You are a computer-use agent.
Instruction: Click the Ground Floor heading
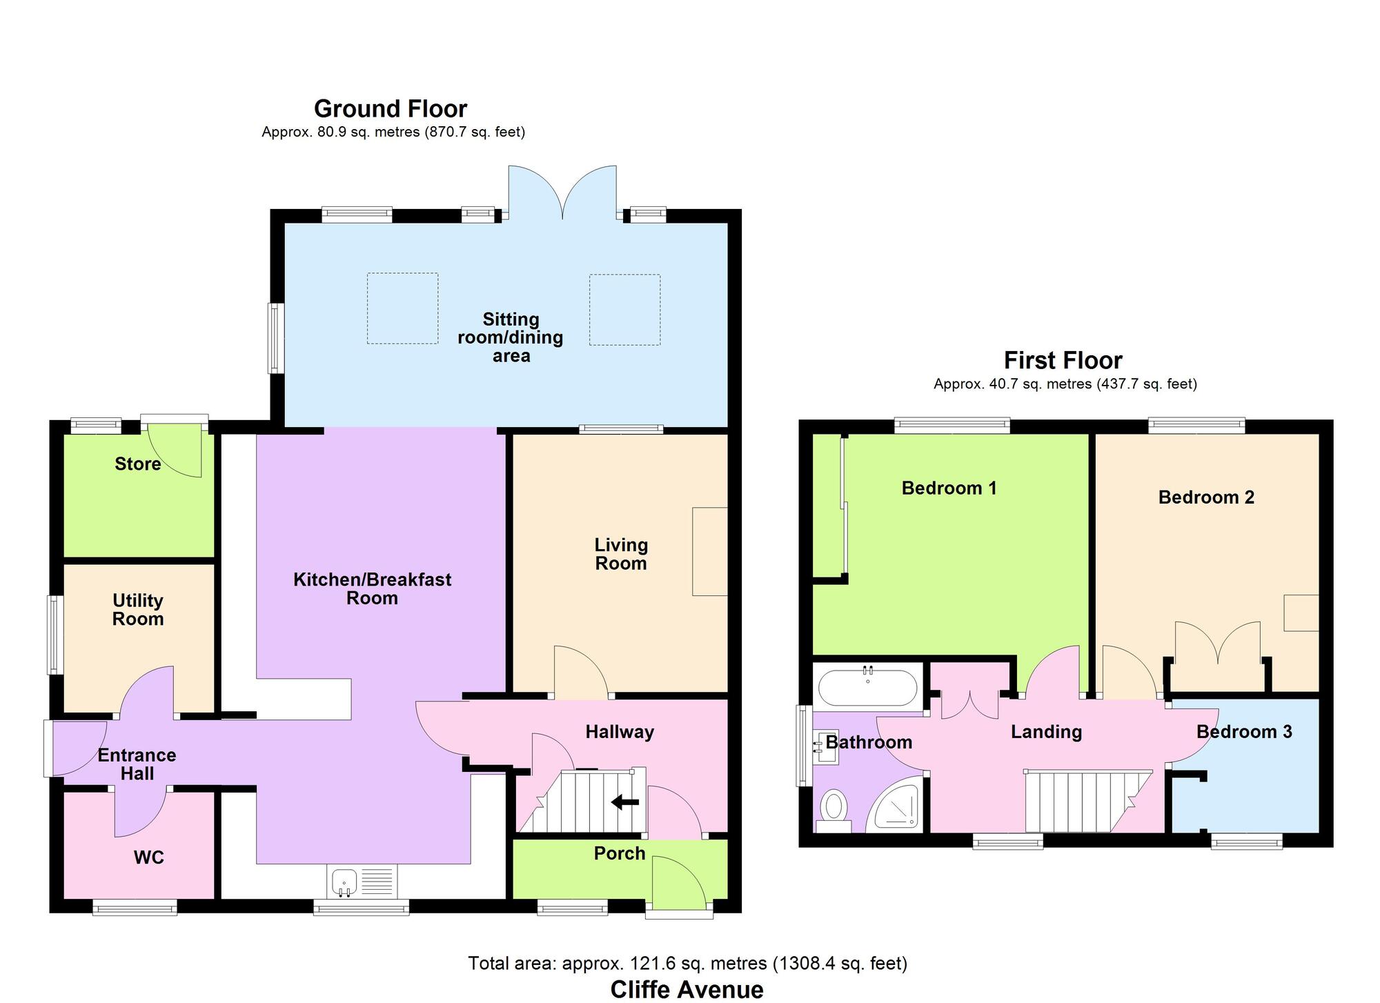pos(391,109)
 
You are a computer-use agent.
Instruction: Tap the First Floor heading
pos(1063,360)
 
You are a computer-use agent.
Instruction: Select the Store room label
pos(138,464)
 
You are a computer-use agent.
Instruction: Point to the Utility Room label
pos(138,610)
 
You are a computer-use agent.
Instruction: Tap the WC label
pos(149,857)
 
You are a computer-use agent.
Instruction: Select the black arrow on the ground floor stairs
pos(625,802)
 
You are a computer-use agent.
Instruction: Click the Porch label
pos(620,853)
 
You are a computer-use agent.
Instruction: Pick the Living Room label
pos(621,554)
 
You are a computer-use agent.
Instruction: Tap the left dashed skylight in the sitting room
pos(402,308)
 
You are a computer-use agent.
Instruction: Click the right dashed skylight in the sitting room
pos(624,310)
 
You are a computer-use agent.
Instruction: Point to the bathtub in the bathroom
pos(867,688)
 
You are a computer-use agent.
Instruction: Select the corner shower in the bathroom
pos(896,803)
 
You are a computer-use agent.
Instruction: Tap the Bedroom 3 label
pos(1244,732)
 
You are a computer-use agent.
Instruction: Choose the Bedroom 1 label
pos(949,488)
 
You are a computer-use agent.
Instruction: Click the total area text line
pos(687,963)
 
